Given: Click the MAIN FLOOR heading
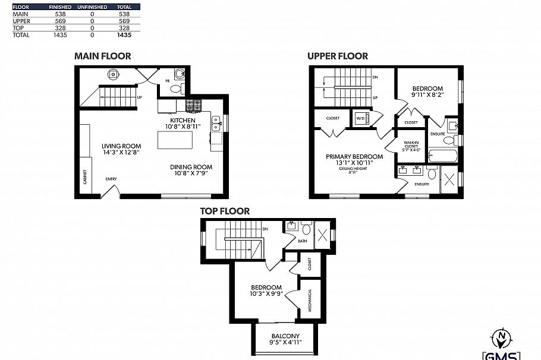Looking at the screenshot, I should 102,56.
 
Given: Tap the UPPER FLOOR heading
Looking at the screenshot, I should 337,56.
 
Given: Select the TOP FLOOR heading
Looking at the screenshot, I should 224,211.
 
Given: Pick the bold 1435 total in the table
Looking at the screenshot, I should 124,35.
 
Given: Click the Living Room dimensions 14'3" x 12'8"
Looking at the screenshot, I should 121,153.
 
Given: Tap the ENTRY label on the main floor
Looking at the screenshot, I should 111,179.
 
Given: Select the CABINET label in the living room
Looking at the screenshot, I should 85,176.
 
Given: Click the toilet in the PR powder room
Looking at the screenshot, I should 175,89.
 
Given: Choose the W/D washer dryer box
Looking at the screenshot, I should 361,118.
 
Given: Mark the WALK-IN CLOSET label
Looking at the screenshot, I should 412,146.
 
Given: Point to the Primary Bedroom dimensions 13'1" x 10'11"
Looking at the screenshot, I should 354,163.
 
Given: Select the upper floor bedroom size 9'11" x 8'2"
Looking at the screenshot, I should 428,94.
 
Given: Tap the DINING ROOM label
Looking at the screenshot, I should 191,167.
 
